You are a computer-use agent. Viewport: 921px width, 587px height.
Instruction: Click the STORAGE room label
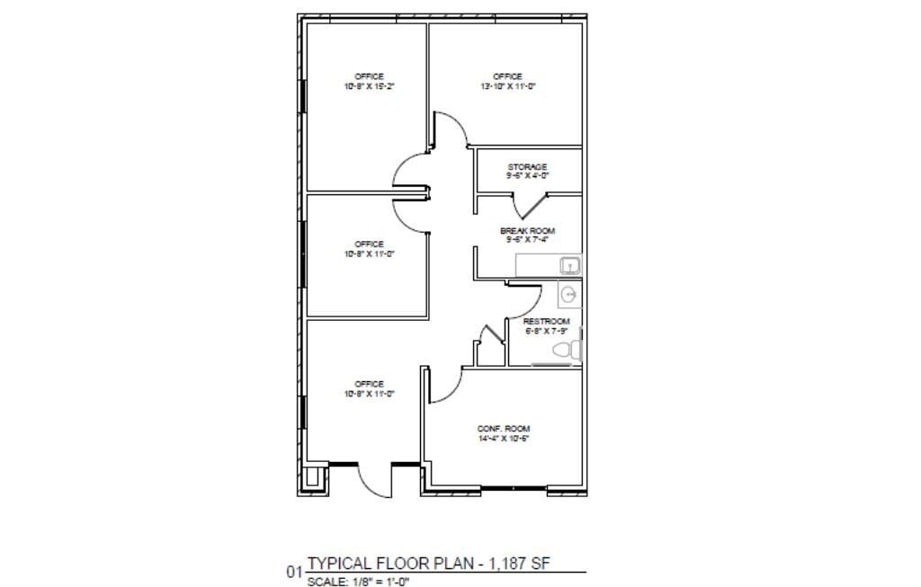click(x=527, y=167)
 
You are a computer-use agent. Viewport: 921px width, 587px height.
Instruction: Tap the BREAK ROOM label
click(x=527, y=231)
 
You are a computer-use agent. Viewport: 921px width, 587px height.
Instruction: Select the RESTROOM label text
click(x=546, y=322)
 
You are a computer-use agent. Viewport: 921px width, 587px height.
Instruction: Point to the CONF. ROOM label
click(x=504, y=428)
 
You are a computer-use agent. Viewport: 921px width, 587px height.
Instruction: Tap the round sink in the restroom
click(x=568, y=294)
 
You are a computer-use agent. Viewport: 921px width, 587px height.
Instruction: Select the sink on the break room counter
click(x=568, y=265)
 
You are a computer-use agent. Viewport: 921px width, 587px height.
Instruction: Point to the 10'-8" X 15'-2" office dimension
click(x=369, y=86)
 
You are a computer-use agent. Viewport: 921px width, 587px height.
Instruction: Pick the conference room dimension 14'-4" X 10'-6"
click(x=504, y=439)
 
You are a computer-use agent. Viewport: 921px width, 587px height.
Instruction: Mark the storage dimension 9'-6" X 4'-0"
click(x=527, y=176)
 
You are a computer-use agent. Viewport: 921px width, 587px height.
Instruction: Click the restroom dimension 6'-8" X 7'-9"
click(x=546, y=331)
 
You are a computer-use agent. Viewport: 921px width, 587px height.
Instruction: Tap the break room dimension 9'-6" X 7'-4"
click(x=527, y=240)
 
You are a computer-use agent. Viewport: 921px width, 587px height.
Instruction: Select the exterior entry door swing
click(x=373, y=481)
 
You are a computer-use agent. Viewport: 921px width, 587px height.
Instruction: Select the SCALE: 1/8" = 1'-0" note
click(x=359, y=581)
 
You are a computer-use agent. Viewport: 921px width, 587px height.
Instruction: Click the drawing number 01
click(x=293, y=571)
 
